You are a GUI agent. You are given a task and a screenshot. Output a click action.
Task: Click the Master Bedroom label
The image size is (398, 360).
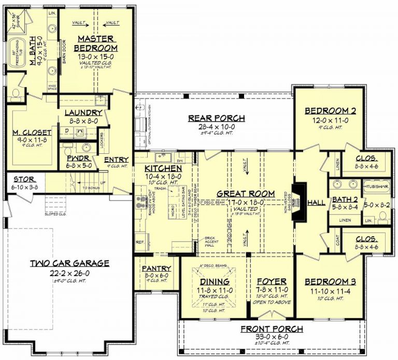pyautogui.click(x=97, y=44)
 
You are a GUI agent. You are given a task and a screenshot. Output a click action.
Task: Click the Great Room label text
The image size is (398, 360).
pyautogui.click(x=246, y=193)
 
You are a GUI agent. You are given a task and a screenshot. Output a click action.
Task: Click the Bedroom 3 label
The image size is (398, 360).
pyautogui.click(x=330, y=281)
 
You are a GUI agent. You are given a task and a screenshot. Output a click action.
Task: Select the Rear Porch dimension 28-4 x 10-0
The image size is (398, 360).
pyautogui.click(x=216, y=126)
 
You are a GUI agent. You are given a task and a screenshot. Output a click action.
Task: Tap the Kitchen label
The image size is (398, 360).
pyautogui.click(x=163, y=169)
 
